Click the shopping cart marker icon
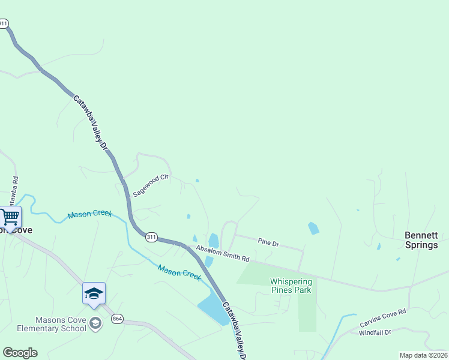tap(10, 217)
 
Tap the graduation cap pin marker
tap(94, 293)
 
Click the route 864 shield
tap(117, 319)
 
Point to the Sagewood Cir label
tap(152, 185)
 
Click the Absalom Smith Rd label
tap(221, 254)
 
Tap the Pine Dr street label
tap(268, 242)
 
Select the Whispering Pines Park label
tap(291, 286)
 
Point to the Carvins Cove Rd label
tap(383, 318)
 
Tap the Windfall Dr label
tap(375, 332)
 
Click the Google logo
tap(20, 353)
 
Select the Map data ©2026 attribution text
tap(423, 355)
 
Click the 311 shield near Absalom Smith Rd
tap(151, 238)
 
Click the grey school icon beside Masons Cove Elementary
tap(95, 324)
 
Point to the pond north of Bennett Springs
tap(313, 228)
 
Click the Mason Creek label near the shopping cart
tap(89, 214)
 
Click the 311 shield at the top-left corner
tap(4, 24)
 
